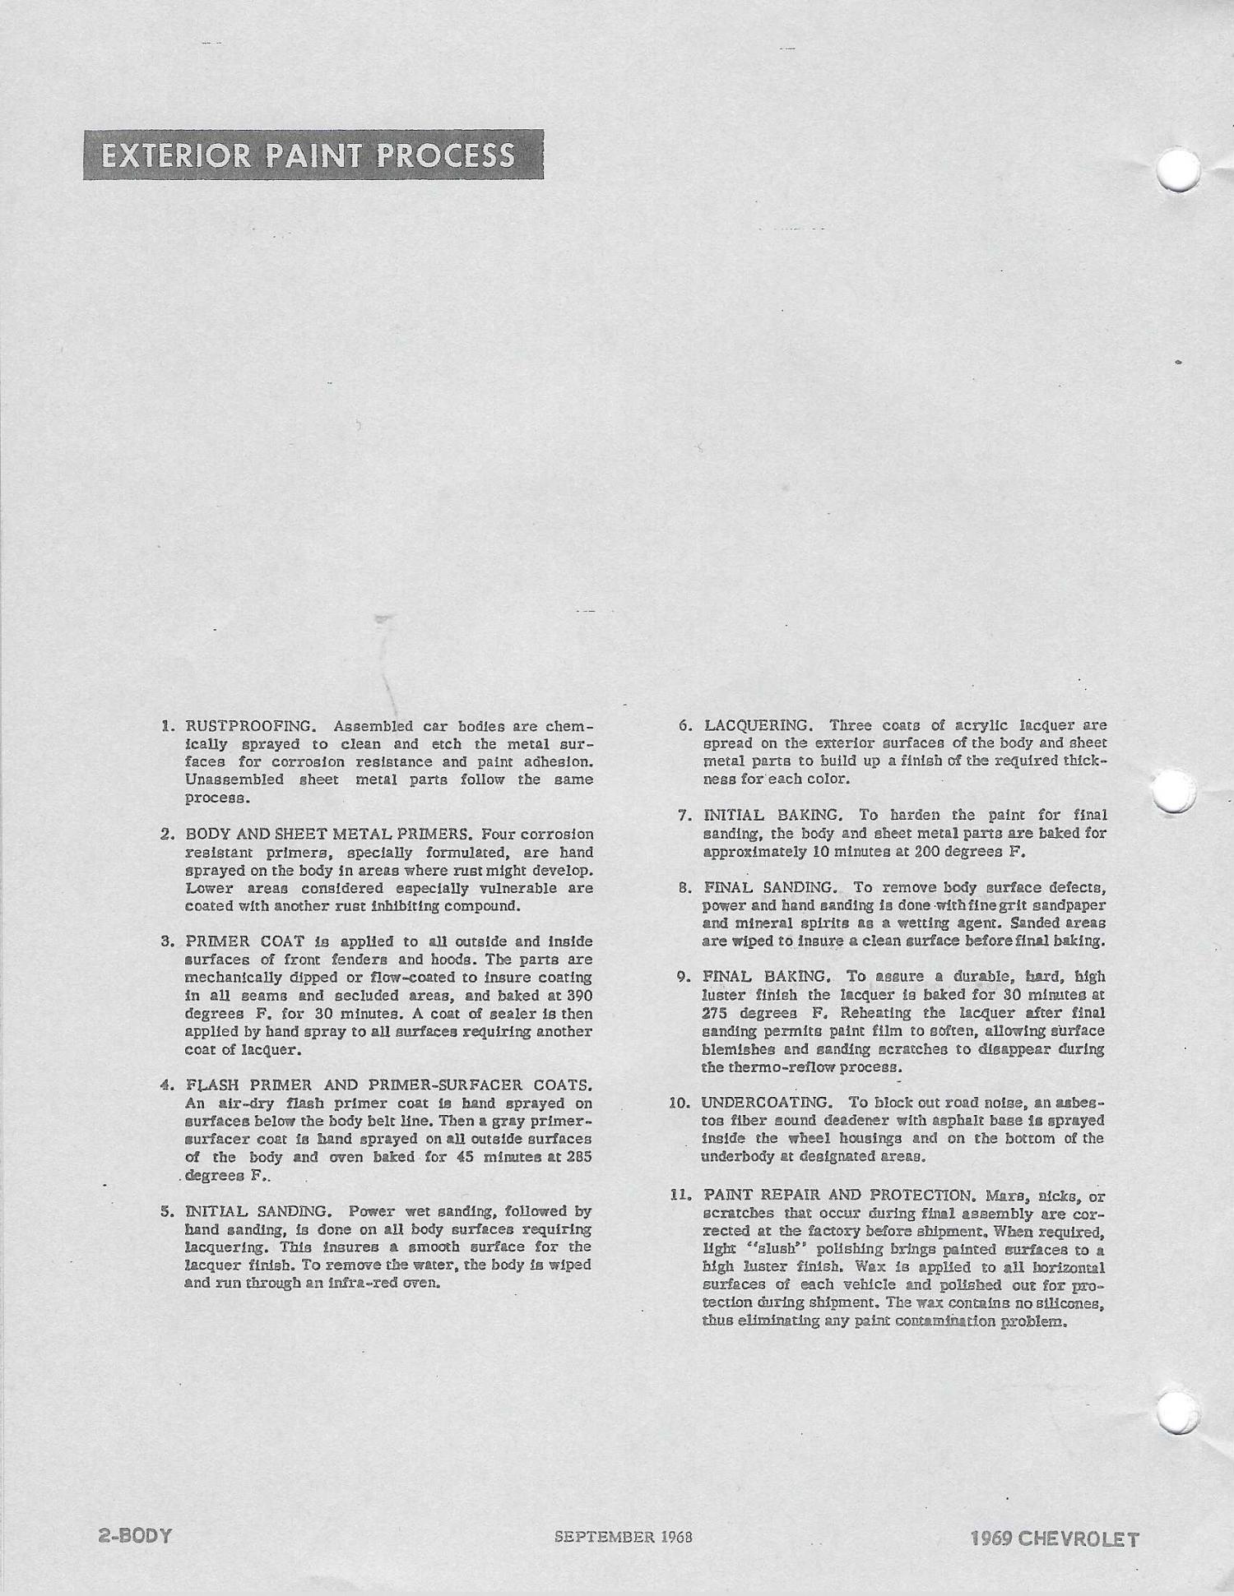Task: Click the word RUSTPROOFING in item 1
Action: [250, 727]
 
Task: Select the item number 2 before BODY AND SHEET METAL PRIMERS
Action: [166, 835]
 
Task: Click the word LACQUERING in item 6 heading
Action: [758, 725]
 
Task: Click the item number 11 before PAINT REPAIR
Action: [679, 1194]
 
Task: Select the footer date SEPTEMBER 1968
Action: [623, 1536]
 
